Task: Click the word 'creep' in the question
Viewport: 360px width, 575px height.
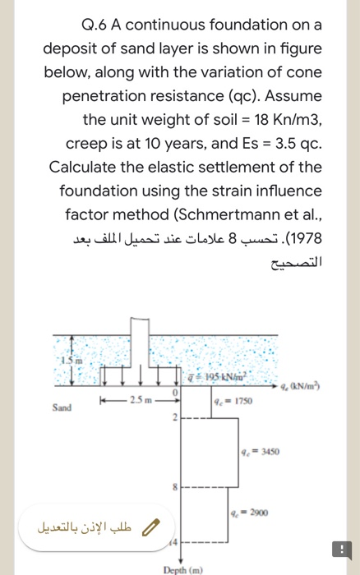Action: tap(85, 144)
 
